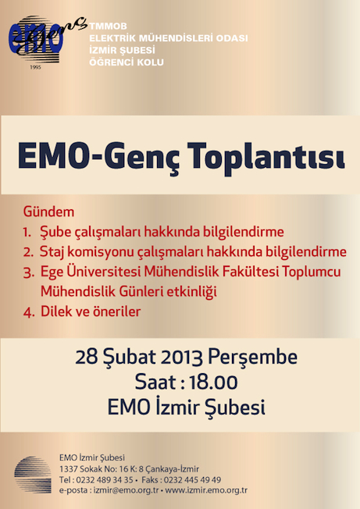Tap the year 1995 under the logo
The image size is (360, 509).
click(x=35, y=67)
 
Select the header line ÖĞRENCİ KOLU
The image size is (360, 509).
click(x=127, y=62)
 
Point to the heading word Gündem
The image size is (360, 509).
click(x=48, y=212)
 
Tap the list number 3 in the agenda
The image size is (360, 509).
click(x=28, y=272)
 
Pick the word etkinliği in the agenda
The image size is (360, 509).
click(x=191, y=292)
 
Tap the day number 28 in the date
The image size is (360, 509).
click(x=87, y=357)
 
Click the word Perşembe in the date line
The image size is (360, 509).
click(x=252, y=357)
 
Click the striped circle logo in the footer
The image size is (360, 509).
click(x=33, y=475)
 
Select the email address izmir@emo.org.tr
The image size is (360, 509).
click(x=127, y=490)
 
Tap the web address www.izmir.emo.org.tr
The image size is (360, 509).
click(x=206, y=490)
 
